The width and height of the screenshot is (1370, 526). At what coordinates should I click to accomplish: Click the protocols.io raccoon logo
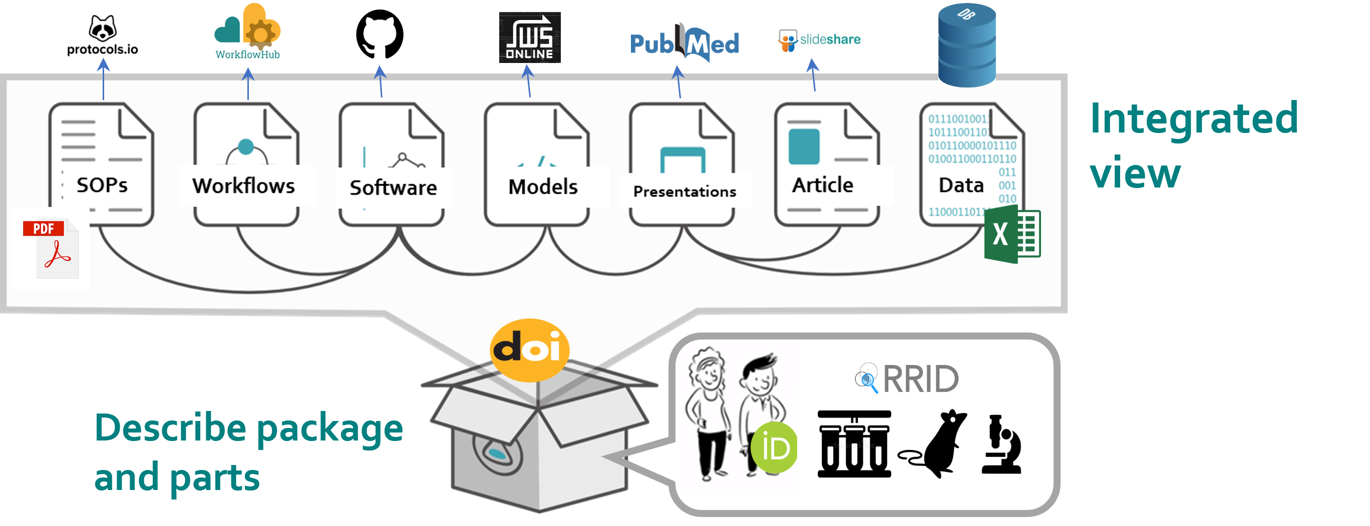click(103, 35)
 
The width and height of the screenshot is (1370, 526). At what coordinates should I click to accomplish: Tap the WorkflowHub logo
click(247, 33)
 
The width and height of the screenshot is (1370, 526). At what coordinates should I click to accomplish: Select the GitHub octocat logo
click(381, 36)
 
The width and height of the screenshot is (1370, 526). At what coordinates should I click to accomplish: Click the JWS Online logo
click(530, 37)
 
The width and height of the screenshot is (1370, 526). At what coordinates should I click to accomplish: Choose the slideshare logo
click(819, 40)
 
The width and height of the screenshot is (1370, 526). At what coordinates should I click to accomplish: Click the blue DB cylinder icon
click(966, 45)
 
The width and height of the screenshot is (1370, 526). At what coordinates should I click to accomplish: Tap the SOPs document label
click(102, 185)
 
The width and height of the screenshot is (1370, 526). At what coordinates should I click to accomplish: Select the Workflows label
click(243, 186)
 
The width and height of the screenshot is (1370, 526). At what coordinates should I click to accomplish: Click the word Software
click(393, 187)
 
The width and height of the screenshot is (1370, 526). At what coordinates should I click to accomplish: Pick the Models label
click(543, 187)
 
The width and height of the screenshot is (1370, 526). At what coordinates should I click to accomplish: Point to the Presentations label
click(684, 191)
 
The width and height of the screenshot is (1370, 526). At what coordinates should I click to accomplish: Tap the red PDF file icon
click(51, 248)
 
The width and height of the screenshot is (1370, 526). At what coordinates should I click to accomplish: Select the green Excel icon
click(1012, 235)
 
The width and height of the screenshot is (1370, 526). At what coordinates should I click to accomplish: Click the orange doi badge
click(529, 349)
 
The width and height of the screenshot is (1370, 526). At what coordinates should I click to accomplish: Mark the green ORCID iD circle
click(775, 447)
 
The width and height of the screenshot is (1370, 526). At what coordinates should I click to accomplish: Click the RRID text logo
click(907, 378)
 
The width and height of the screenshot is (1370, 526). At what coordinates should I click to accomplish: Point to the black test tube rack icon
click(854, 444)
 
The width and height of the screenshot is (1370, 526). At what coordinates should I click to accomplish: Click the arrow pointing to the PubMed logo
click(678, 82)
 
